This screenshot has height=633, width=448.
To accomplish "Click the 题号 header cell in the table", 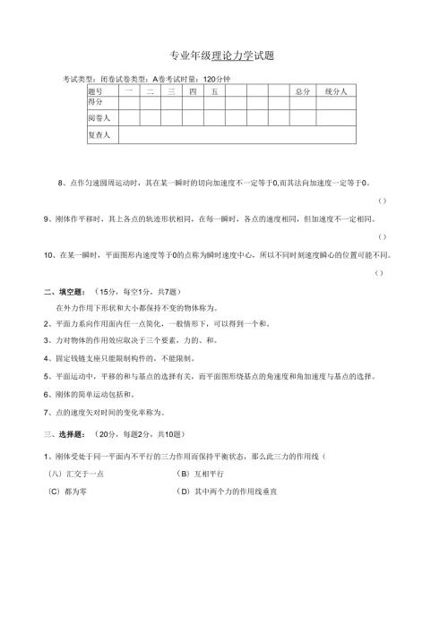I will click(96, 91).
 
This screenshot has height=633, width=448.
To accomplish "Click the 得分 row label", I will click(96, 101).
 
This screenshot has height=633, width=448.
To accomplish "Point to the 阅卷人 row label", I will click(99, 118).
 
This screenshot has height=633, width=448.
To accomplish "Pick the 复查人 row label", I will click(99, 135).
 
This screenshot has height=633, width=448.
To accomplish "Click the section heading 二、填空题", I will click(65, 292).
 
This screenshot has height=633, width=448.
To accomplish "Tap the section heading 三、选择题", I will click(65, 434).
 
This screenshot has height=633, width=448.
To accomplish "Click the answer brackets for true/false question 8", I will click(383, 200).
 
